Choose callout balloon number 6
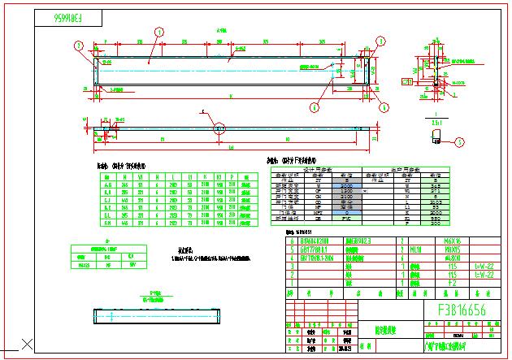click(219, 127)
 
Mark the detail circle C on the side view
click(219, 127)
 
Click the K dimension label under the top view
click(231, 95)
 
